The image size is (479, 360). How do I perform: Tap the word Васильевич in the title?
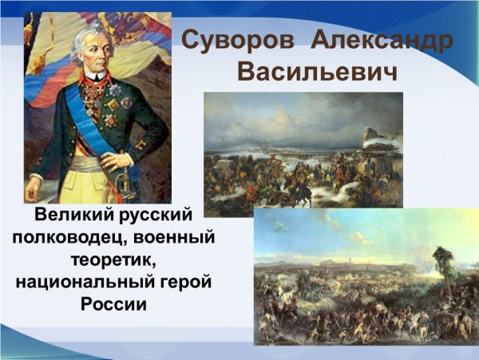point(317,73)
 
